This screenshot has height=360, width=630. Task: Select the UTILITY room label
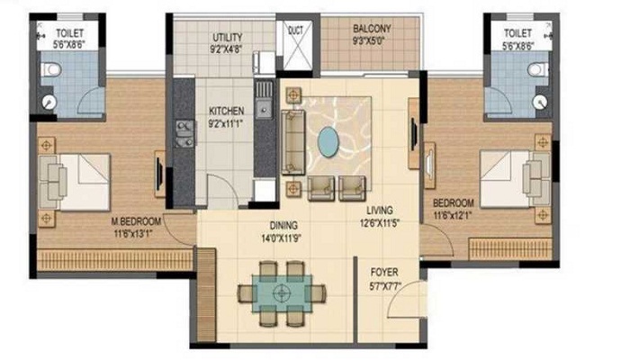(227, 37)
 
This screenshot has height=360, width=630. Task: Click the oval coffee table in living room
(330, 141)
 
